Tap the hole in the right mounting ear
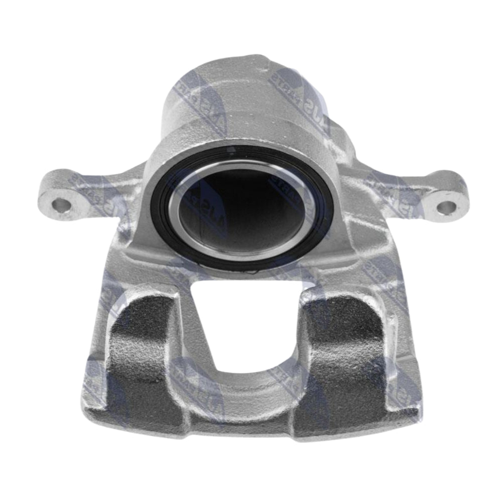(446, 206)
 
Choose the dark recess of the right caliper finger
(341, 351)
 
